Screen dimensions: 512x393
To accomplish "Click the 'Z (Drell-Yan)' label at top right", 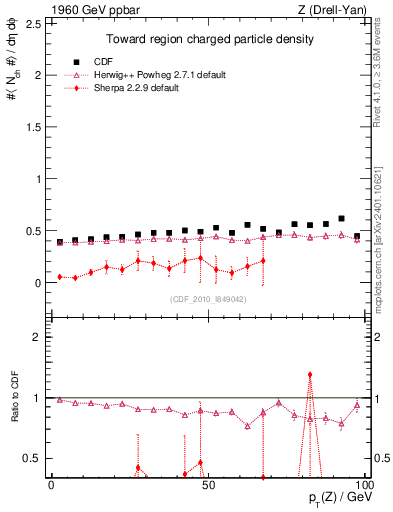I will point(325,10).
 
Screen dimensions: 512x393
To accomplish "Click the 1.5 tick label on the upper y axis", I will point(33,127).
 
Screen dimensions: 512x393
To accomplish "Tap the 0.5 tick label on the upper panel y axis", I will point(33,231).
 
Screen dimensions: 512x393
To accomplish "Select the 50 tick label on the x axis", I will point(206,485).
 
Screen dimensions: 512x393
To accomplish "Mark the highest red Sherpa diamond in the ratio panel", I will point(310,375).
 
